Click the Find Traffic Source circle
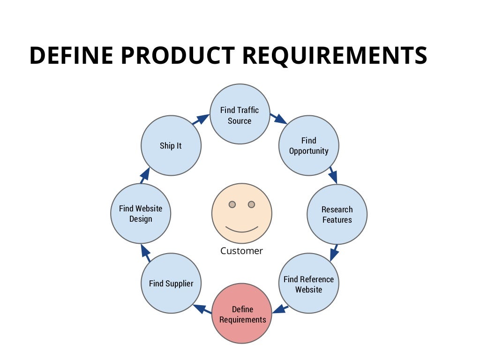[x=240, y=115]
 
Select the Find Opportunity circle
[x=309, y=145]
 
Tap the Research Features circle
[x=337, y=214]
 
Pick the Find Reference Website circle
[x=309, y=284]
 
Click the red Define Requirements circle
[x=242, y=314]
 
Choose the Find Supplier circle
[x=171, y=283]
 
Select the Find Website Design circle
[x=141, y=213]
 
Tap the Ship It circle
[x=171, y=145]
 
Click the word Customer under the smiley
[x=241, y=251]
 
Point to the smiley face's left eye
[x=232, y=204]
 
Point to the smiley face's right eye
[x=251, y=204]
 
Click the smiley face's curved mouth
[x=242, y=229]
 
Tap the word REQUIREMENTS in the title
[x=335, y=56]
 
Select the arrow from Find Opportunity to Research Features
[x=333, y=174]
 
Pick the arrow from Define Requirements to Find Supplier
[x=202, y=309]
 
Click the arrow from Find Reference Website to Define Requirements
[x=280, y=308]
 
